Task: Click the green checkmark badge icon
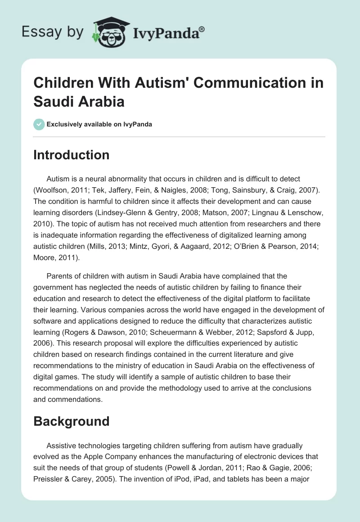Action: (x=39, y=124)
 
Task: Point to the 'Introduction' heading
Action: (x=72, y=155)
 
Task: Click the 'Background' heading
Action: (x=72, y=421)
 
